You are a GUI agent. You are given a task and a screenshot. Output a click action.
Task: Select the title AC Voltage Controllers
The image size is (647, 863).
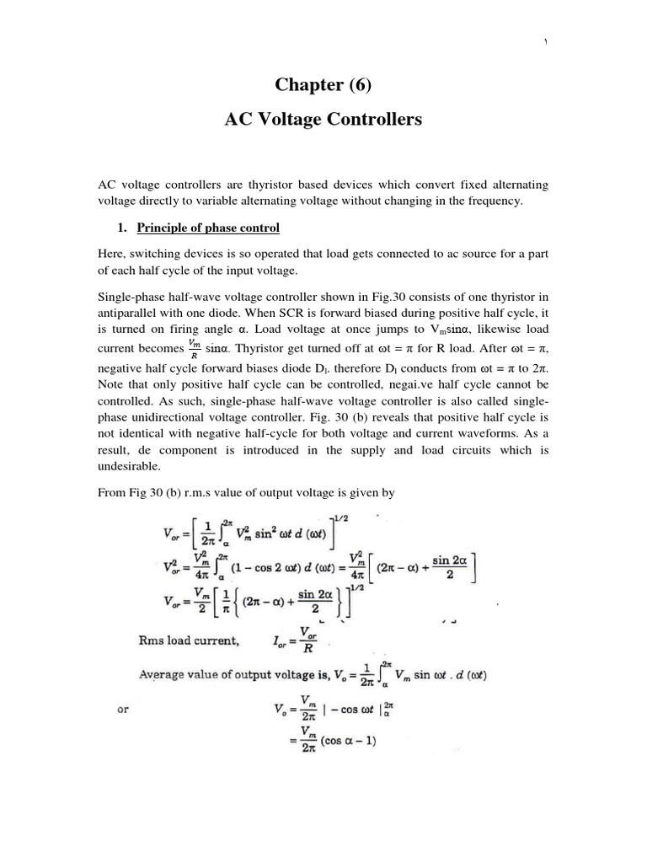click(323, 121)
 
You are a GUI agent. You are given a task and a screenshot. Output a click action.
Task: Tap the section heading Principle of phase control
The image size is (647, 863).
click(207, 228)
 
